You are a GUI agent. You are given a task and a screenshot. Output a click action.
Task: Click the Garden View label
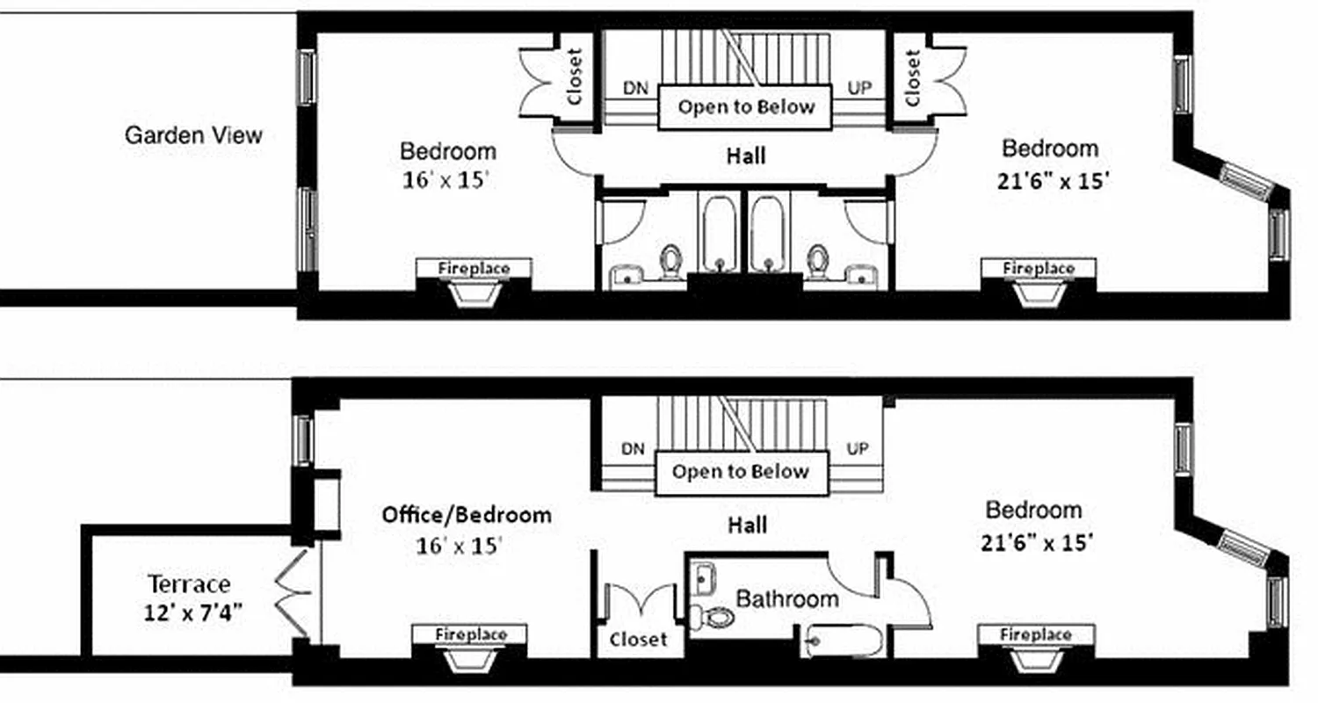(193, 135)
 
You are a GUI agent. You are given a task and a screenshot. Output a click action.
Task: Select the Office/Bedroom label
(467, 515)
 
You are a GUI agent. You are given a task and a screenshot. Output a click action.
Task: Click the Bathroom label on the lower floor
(786, 599)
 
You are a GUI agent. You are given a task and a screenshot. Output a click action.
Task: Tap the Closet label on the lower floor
(638, 640)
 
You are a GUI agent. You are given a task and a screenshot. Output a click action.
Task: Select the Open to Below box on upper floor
(745, 107)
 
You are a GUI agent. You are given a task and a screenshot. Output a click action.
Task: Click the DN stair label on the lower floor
(633, 449)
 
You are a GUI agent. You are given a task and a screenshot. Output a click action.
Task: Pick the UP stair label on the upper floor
(858, 88)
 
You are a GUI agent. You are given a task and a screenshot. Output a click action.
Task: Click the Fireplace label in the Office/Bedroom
(471, 634)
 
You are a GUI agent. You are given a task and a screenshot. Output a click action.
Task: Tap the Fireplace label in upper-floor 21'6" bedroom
(1038, 267)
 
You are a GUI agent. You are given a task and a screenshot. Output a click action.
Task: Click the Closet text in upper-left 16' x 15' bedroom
(576, 76)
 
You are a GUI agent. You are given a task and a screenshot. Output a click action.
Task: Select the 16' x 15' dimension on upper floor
(445, 180)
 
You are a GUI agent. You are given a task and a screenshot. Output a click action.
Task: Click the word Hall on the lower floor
(746, 525)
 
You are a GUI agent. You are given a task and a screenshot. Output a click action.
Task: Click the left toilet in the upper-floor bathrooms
(672, 260)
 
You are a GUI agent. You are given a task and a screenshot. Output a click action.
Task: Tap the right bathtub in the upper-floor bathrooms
(767, 230)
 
